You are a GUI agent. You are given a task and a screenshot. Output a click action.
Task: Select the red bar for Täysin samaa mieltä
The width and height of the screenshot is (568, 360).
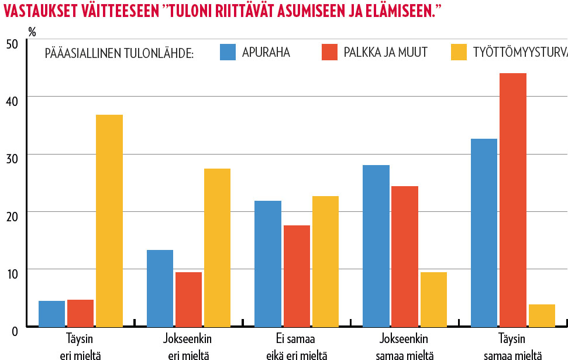tap(512, 200)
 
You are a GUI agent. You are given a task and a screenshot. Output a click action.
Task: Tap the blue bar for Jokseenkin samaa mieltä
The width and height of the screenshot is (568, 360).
tap(376, 246)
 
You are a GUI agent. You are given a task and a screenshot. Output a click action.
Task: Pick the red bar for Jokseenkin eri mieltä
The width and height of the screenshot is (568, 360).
tap(188, 299)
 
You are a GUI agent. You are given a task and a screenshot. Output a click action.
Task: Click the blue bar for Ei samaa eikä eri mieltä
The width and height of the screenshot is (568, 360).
tap(268, 263)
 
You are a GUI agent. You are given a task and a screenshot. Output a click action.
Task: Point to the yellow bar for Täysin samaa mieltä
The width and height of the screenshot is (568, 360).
tap(541, 316)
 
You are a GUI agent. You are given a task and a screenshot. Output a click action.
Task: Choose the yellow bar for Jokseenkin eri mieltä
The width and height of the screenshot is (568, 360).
tap(217, 248)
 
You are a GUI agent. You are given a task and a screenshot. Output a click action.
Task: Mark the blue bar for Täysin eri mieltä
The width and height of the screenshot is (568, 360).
tap(51, 314)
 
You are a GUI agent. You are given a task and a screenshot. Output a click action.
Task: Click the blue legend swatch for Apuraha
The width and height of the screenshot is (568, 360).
tap(228, 52)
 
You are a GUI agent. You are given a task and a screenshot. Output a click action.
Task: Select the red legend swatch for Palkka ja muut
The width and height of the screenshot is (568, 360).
tap(329, 52)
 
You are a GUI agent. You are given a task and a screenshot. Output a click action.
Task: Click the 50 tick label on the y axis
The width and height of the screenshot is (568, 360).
tap(13, 44)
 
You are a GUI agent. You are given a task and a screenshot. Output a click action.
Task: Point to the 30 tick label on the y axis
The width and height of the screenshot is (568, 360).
tap(13, 158)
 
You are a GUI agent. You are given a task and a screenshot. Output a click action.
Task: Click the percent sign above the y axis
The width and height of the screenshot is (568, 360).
tap(32, 32)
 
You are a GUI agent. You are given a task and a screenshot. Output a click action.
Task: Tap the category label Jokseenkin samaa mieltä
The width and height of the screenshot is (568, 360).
tap(404, 347)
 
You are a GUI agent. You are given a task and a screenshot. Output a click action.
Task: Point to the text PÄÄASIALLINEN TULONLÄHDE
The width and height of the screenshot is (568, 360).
tap(119, 53)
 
